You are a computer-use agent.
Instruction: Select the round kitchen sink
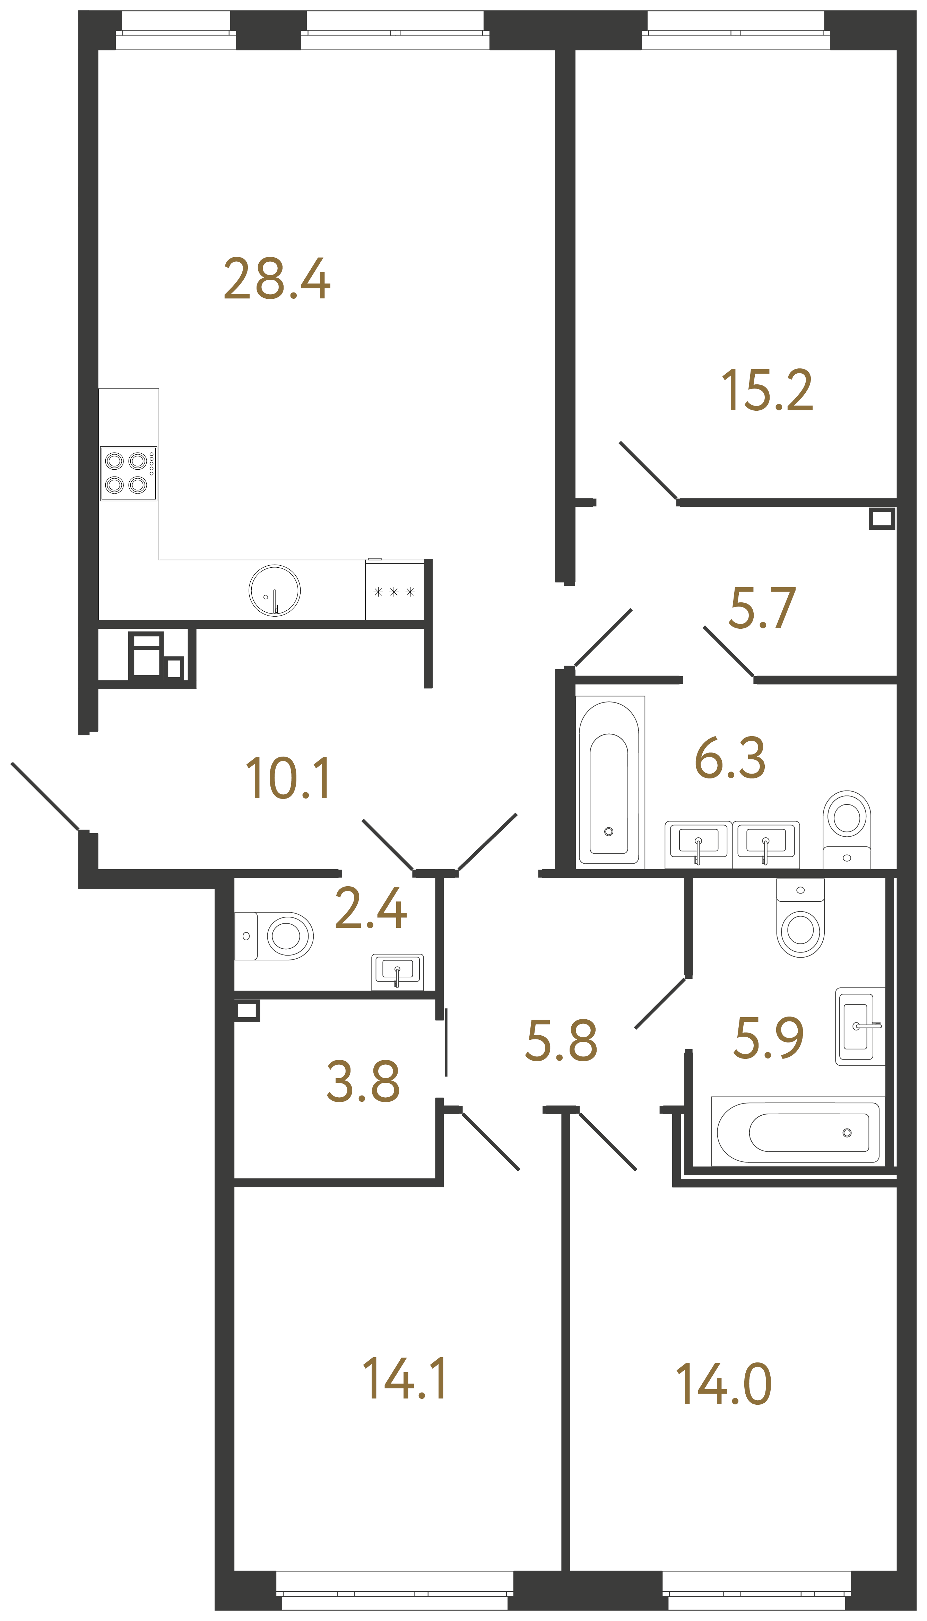275,591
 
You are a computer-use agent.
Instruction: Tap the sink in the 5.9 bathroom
859,1026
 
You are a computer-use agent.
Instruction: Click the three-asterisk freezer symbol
394,592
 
